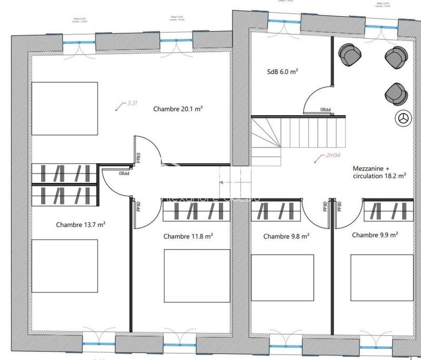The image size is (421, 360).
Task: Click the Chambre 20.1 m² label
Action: point(178,109)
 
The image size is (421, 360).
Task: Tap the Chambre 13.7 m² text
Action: point(81,225)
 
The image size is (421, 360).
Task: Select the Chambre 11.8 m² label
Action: point(188,236)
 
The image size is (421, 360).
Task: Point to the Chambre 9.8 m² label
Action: point(286,236)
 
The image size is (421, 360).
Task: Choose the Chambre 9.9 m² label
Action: point(374,235)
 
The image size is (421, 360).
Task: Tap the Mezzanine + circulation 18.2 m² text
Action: point(379,173)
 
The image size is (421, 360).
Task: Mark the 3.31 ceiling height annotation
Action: point(132,104)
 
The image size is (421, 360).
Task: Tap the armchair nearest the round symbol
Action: point(396,93)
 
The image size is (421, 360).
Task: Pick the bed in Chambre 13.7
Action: point(64,266)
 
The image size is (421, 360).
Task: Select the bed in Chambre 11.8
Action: point(197,275)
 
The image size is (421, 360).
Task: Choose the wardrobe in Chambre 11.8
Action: point(196,212)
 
